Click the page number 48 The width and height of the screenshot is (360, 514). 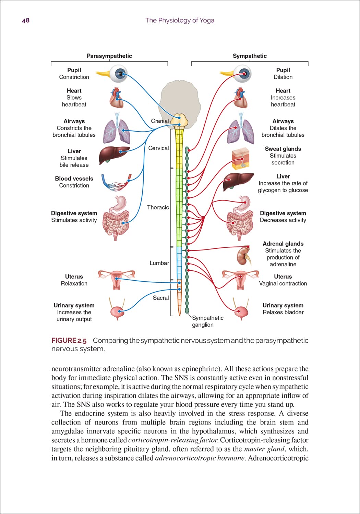pos(26,21)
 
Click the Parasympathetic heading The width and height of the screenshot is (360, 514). pos(109,56)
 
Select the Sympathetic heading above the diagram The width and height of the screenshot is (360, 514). pos(250,56)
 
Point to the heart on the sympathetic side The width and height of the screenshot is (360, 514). pos(240,98)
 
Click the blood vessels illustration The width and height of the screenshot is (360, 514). pos(116,183)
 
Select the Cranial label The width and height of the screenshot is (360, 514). pos(160,121)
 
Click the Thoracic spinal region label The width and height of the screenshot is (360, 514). pos(158,207)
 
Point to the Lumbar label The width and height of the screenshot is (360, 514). pos(159,263)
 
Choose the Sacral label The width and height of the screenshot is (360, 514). pos(161,298)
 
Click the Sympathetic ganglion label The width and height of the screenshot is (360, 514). pos(207,321)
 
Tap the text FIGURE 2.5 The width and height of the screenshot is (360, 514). pos(69,341)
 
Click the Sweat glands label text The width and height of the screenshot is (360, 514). pos(283,149)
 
